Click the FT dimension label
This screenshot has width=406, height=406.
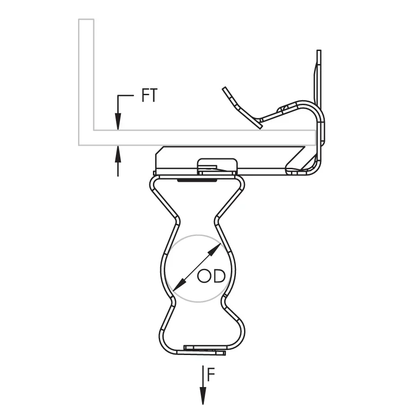pos(149,95)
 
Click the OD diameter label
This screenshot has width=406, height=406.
pos(211,276)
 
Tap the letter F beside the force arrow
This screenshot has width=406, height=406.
pos(211,375)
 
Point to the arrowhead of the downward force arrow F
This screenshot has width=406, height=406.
pos(203,395)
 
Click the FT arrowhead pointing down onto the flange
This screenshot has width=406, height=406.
pos(118,121)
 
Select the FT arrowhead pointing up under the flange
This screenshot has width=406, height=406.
pos(118,154)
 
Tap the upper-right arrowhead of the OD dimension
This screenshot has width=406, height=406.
pos(215,249)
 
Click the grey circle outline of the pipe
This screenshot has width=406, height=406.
pos(198,235)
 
